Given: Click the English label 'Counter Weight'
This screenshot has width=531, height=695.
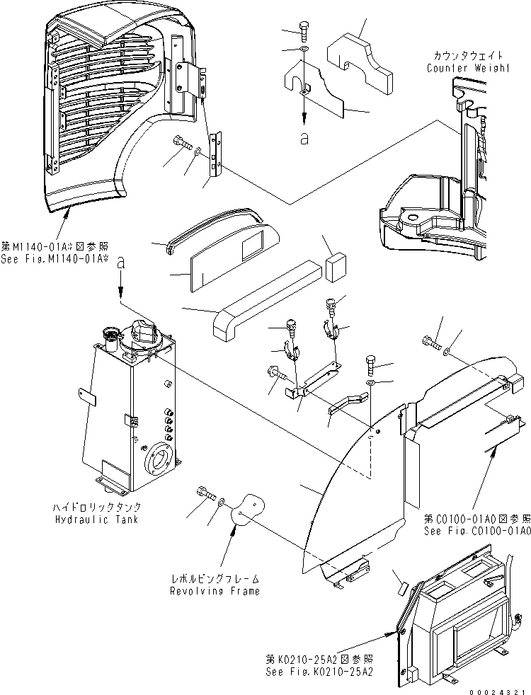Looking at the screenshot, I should [x=468, y=68].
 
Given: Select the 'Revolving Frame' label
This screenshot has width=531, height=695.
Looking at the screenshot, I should [x=214, y=590].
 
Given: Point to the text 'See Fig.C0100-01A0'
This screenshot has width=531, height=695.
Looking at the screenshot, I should [x=477, y=531].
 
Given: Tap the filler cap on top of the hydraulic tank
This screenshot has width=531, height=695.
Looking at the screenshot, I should [x=141, y=331].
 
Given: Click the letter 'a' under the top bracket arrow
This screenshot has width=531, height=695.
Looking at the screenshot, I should [x=304, y=139].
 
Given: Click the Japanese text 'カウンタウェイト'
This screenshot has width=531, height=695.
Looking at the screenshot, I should [x=468, y=56].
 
